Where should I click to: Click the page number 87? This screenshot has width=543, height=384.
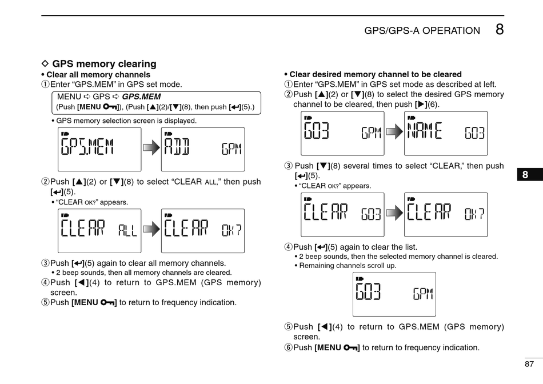point(529,364)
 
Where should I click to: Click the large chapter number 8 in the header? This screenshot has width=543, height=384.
point(500,30)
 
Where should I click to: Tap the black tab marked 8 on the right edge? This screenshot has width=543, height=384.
point(525,175)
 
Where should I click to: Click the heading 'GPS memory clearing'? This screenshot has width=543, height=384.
point(104,64)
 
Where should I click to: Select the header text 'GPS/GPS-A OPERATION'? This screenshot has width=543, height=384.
point(422,31)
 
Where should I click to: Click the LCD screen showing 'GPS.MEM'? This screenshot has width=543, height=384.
point(99,149)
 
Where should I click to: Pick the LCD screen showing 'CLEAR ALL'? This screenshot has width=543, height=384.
point(99,230)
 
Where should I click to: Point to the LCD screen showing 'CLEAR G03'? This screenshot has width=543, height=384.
point(342,214)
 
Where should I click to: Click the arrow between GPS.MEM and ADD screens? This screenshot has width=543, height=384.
point(151,149)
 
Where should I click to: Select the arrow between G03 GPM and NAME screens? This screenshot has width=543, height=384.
point(394,133)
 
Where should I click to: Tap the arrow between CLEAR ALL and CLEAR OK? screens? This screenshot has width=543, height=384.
point(151,230)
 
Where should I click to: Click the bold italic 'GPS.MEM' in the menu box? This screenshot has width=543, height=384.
point(141,97)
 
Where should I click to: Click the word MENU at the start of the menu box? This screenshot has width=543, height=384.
point(69,97)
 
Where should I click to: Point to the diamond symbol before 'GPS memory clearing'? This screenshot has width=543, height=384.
point(46,64)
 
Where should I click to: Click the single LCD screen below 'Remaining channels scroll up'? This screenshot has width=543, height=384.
point(394,294)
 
